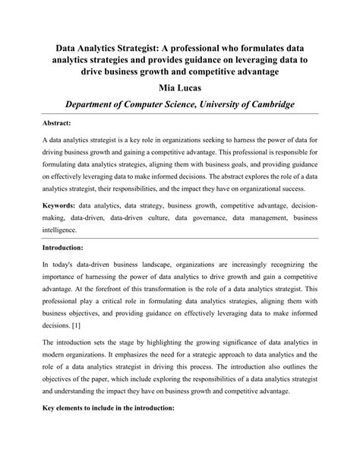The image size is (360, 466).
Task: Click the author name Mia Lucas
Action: pos(180,89)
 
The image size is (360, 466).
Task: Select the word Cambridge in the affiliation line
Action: pos(268,105)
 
